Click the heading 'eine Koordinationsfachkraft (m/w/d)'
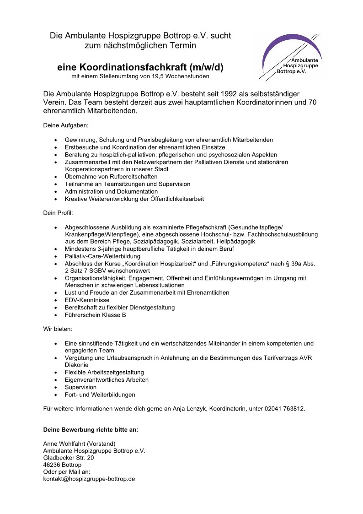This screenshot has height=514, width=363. click(x=140, y=67)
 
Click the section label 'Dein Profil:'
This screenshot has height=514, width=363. click(x=58, y=213)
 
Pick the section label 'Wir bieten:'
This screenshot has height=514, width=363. click(x=58, y=329)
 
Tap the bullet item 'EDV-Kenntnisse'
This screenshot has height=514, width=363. click(x=87, y=300)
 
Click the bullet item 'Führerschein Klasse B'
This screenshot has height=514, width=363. click(x=95, y=315)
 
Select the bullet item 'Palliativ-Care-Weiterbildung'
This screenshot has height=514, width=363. click(x=102, y=256)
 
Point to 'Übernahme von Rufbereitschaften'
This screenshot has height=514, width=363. click(x=111, y=177)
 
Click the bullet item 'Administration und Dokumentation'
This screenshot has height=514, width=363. click(x=111, y=191)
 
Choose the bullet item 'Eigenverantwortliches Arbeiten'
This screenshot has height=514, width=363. click(x=107, y=380)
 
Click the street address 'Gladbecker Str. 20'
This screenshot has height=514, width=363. click(x=69, y=458)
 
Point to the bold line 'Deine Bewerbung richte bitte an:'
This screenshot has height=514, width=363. click(x=91, y=430)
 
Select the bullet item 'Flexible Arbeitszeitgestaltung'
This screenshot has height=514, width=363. click(x=104, y=373)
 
